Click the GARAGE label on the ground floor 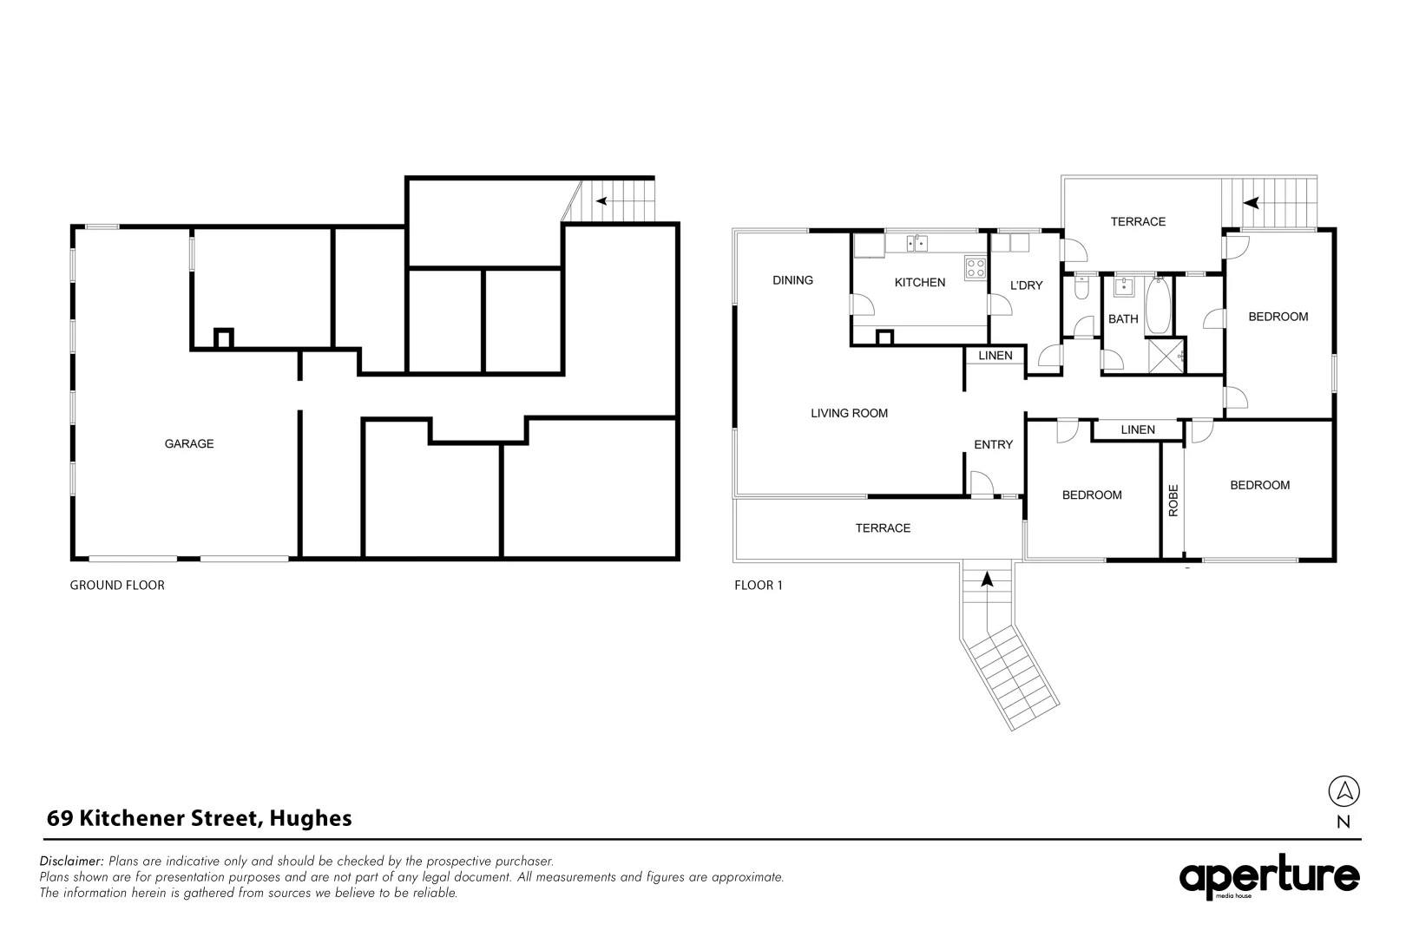pos(189,443)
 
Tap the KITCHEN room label pos(919,282)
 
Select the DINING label pos(792,279)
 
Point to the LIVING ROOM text pos(849,413)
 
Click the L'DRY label pos(1026,285)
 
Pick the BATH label pos(1122,318)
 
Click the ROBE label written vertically pos(1173,501)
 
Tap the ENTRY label pos(993,444)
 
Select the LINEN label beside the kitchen pos(995,356)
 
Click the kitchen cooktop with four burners pos(976,268)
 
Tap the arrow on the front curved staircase pos(987,579)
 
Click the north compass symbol pos(1344,791)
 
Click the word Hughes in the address pos(311,817)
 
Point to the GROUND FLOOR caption pos(117,585)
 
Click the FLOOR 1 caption pos(758,585)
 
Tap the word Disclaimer pos(72,861)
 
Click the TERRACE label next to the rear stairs pos(1138,221)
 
